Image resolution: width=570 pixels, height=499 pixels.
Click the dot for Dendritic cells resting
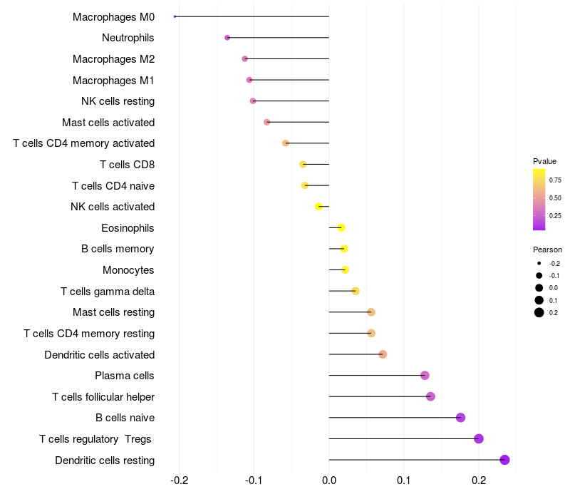505,460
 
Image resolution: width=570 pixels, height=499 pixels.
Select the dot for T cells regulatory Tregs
479,438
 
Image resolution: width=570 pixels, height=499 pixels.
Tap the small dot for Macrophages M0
175,16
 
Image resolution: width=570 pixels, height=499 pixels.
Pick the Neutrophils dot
227,38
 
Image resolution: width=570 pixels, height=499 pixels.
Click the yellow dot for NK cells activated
318,207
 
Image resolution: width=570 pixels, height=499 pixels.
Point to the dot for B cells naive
460,418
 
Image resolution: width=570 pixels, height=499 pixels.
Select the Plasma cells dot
425,376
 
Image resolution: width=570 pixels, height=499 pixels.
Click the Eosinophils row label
128,228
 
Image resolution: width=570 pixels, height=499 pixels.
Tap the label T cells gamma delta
108,292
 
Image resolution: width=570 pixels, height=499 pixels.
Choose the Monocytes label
128,270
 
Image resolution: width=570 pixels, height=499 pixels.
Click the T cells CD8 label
127,165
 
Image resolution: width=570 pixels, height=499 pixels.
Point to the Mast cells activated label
108,123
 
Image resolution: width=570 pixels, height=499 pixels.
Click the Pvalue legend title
544,161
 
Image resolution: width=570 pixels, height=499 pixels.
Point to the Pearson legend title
547,250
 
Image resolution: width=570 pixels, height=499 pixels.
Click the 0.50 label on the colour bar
555,197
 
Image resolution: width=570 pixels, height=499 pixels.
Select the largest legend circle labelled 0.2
539,312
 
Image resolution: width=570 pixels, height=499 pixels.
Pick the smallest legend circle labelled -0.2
539,264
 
